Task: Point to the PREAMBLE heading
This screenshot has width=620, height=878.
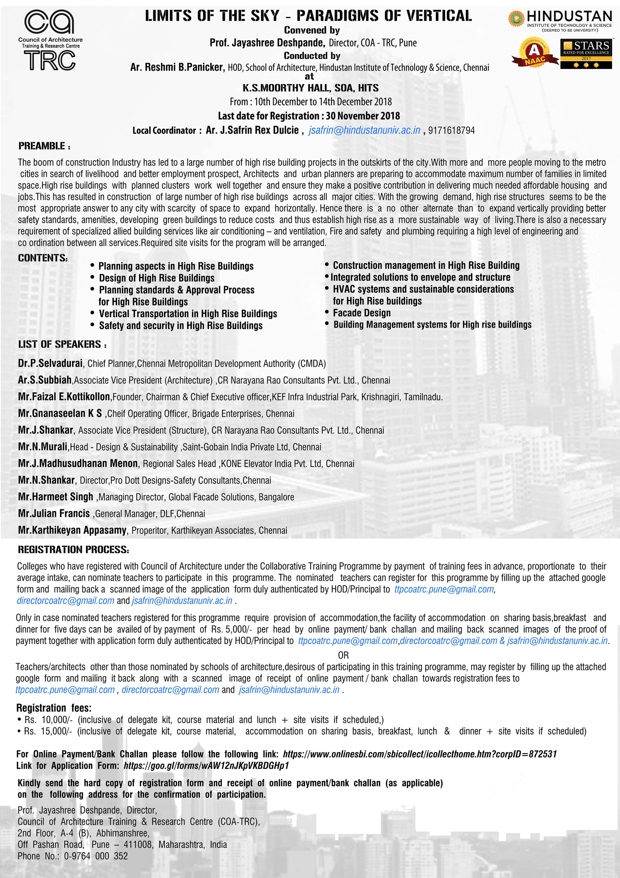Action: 44,146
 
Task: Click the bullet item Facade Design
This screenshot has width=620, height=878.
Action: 361,313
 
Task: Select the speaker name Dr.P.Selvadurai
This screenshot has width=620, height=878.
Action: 50,363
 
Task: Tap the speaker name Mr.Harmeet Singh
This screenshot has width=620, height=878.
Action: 55,497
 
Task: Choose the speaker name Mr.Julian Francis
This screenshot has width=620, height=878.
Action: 54,513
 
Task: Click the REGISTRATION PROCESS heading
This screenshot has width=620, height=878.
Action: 73,550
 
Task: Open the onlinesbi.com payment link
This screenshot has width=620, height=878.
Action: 419,754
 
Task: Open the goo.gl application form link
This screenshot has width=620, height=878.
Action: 206,766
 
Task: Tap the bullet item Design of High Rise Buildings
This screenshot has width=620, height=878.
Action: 157,278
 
